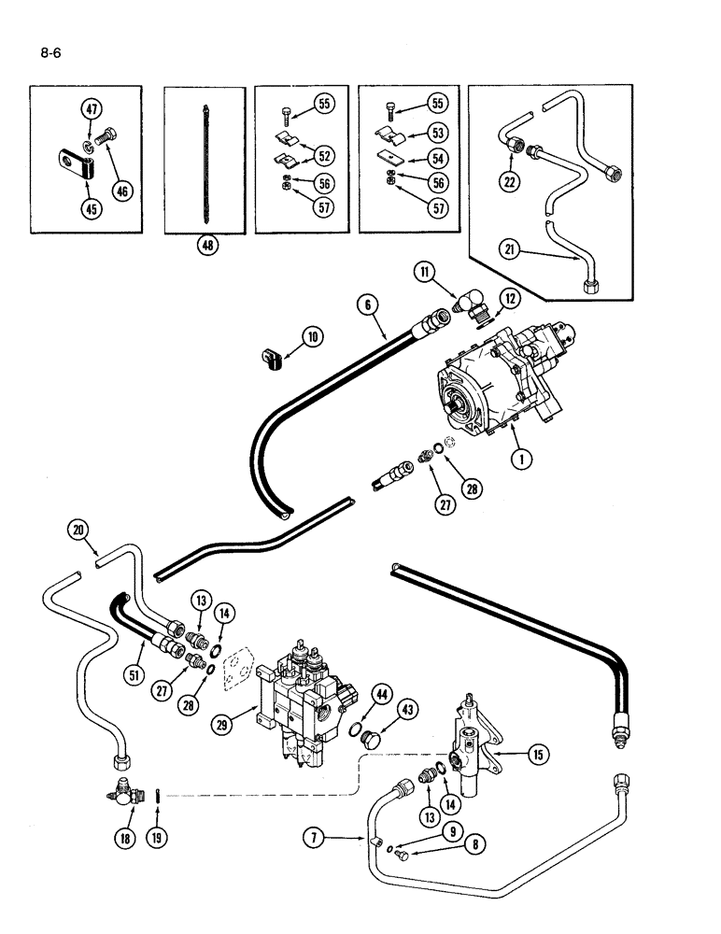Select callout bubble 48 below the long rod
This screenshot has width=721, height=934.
[x=205, y=247]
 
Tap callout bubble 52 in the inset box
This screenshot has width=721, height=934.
[x=325, y=156]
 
